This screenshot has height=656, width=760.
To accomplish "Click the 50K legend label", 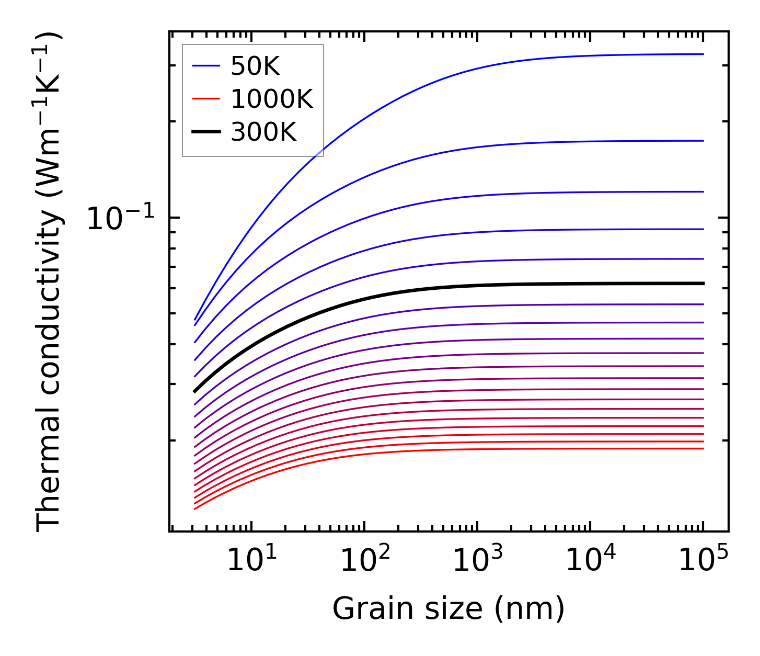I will point(255,66).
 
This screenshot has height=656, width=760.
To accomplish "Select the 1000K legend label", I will point(272,99).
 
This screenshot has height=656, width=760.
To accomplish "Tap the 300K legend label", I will point(263,132).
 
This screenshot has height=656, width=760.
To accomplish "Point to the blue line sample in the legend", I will point(206,66).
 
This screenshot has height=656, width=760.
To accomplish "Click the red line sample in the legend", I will point(206,99).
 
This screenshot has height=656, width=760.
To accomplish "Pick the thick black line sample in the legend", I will point(206,132).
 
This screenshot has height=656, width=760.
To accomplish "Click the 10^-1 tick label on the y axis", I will point(121,219).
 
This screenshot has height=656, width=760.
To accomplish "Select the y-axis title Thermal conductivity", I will point(49,282).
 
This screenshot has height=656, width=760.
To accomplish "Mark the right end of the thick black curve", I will point(704,284).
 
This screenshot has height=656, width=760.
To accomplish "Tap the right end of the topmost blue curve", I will point(704,54).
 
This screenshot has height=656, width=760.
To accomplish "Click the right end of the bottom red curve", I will point(704,448).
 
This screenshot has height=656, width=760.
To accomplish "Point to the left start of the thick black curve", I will point(194,391).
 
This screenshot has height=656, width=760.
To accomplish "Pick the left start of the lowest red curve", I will point(194,508).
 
